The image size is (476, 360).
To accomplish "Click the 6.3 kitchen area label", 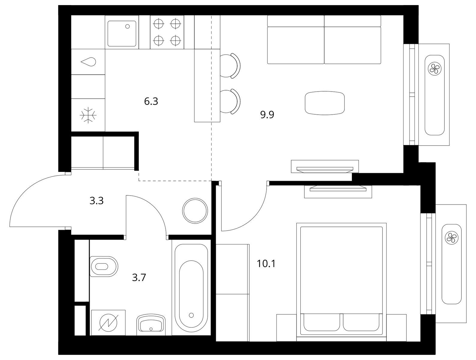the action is click(151, 101).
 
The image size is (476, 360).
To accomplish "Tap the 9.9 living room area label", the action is click(267, 115).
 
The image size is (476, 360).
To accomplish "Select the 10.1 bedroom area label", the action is click(266, 264).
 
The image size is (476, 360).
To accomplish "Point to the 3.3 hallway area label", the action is click(97, 201).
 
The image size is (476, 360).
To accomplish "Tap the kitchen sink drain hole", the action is click(127, 26).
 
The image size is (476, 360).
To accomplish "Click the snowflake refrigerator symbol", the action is click(88, 115).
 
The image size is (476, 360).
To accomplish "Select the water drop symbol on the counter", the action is click(88, 62).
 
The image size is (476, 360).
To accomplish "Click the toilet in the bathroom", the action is click(104, 266).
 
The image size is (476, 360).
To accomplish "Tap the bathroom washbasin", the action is click(151, 323).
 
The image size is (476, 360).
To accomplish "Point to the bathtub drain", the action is click(191, 315).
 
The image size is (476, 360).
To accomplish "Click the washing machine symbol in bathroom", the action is click(109, 323).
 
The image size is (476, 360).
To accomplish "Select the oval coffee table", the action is click(325, 103).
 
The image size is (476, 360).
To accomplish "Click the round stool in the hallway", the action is click(195, 211).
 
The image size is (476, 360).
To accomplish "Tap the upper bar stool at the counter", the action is click(230, 65).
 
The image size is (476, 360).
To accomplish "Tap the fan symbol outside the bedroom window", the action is click(451, 238).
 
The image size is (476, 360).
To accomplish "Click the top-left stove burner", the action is click(159, 24).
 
